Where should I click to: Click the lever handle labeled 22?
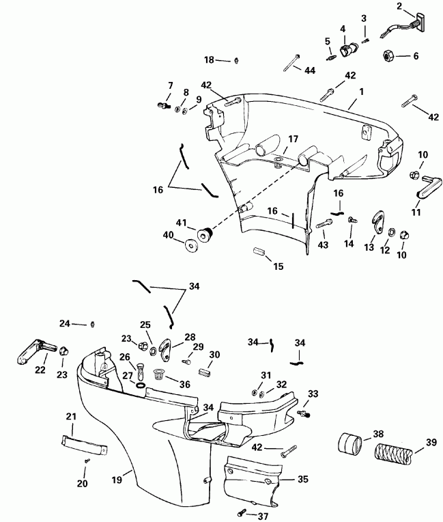(30, 349)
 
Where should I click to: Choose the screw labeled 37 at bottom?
(242, 511)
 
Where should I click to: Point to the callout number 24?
(64, 323)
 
